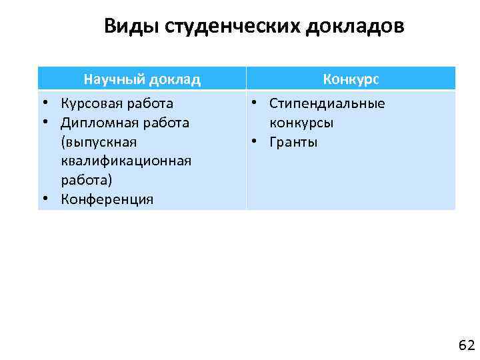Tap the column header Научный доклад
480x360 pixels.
coord(142,80)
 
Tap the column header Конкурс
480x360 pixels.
coord(351,79)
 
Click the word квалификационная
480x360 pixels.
coord(126,161)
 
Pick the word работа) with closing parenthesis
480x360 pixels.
coord(86,180)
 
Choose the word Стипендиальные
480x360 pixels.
coord(327,103)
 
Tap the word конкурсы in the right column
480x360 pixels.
coord(301,123)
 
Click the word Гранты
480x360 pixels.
coord(293,142)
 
